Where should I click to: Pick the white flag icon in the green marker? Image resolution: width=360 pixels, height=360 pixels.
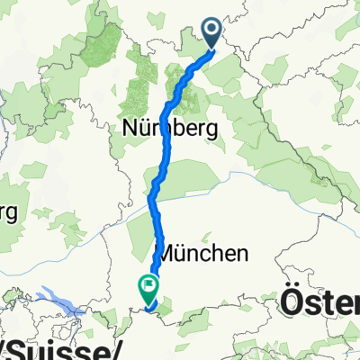coord(147,286)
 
